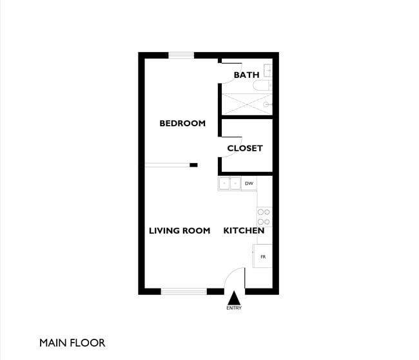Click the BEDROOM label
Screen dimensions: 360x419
pyautogui.click(x=182, y=123)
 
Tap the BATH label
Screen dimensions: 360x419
pyautogui.click(x=246, y=75)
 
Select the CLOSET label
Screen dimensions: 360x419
pyautogui.click(x=245, y=148)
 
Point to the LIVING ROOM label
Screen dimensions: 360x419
pyautogui.click(x=179, y=231)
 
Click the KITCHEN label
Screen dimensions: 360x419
pyautogui.click(x=244, y=231)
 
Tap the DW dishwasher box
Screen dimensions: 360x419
pyautogui.click(x=249, y=184)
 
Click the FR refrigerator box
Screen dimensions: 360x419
pyautogui.click(x=264, y=256)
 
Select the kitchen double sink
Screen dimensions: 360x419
pyautogui.click(x=229, y=184)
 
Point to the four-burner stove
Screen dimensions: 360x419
pyautogui.click(x=264, y=216)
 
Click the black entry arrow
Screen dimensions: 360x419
pyautogui.click(x=234, y=298)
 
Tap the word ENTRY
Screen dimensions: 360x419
pyautogui.click(x=234, y=308)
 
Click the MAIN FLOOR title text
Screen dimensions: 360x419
pyautogui.click(x=72, y=343)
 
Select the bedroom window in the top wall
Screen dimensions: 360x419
pyautogui.click(x=181, y=55)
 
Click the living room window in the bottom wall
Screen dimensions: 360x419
pyautogui.click(x=184, y=291)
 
